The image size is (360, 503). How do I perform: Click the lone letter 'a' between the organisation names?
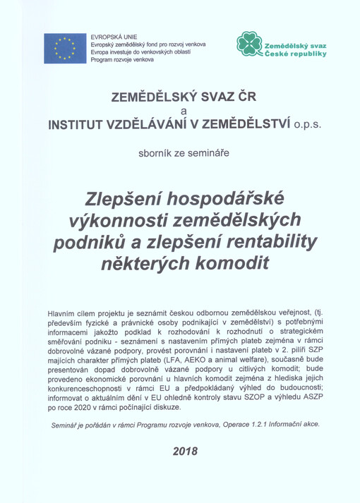pos(184,111)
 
